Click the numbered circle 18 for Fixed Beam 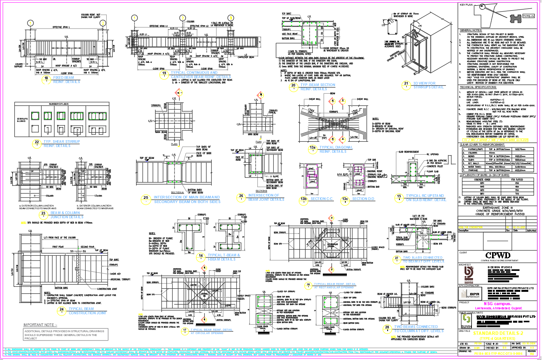(x=46, y=79)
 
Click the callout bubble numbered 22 (x=37, y=143)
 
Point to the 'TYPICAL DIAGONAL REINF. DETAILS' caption (x=336, y=149)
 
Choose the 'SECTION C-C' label (x=321, y=198)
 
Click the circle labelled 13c (x=345, y=198)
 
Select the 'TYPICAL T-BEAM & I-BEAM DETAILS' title (x=224, y=257)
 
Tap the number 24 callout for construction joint (x=62, y=310)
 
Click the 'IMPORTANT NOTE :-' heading (x=40, y=325)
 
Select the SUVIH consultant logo (x=466, y=322)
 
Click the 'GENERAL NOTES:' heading (x=471, y=30)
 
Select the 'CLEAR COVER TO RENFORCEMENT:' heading (x=482, y=145)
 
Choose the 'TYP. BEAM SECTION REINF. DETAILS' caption (x=318, y=87)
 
